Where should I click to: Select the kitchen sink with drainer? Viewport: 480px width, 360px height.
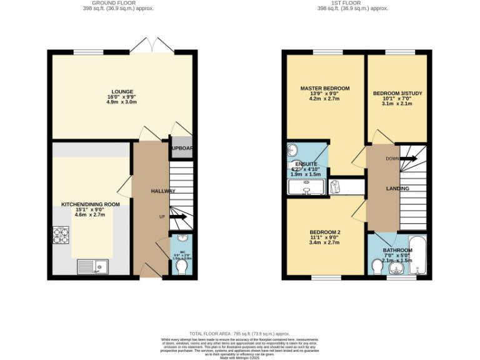[x=92, y=267]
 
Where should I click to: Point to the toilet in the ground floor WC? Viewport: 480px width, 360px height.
[x=182, y=267]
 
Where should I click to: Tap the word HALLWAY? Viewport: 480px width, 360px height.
[x=163, y=191]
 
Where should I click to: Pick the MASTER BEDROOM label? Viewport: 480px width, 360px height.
[x=324, y=88]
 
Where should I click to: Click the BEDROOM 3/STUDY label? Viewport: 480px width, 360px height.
[x=397, y=93]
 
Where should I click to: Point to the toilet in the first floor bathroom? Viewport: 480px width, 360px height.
[x=377, y=267]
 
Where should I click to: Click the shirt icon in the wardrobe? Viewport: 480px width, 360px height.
[x=334, y=186]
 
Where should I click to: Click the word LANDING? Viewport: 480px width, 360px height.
[x=397, y=188]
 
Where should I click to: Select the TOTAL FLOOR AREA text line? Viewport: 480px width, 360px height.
[x=240, y=334]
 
